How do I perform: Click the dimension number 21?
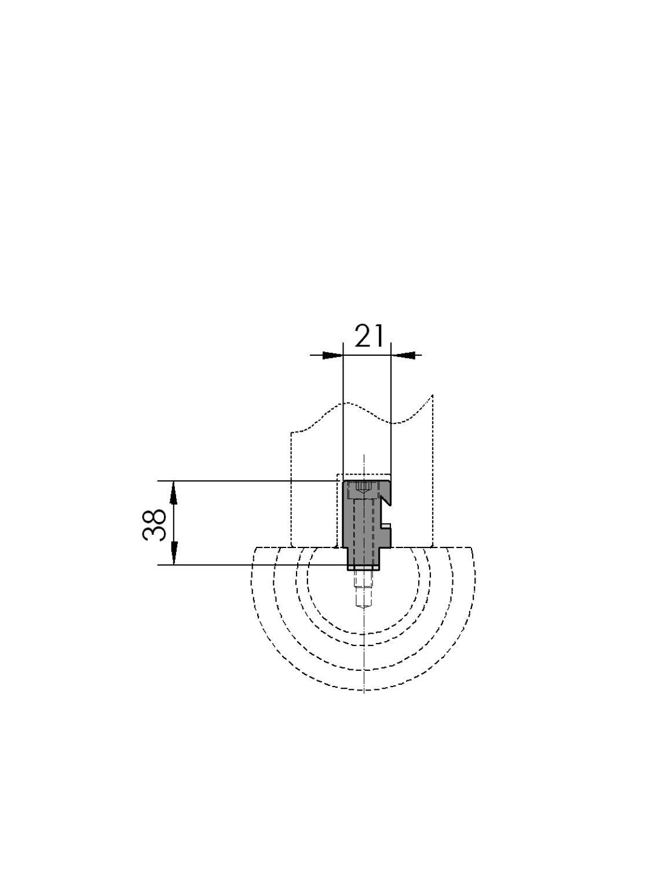click(x=369, y=335)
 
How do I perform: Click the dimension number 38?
click(x=154, y=524)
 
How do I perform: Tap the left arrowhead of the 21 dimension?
click(x=332, y=355)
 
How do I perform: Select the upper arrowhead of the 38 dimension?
click(x=173, y=492)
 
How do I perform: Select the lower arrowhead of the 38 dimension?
click(x=173, y=553)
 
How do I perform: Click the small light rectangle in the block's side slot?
click(x=386, y=525)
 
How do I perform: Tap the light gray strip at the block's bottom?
click(x=363, y=568)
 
